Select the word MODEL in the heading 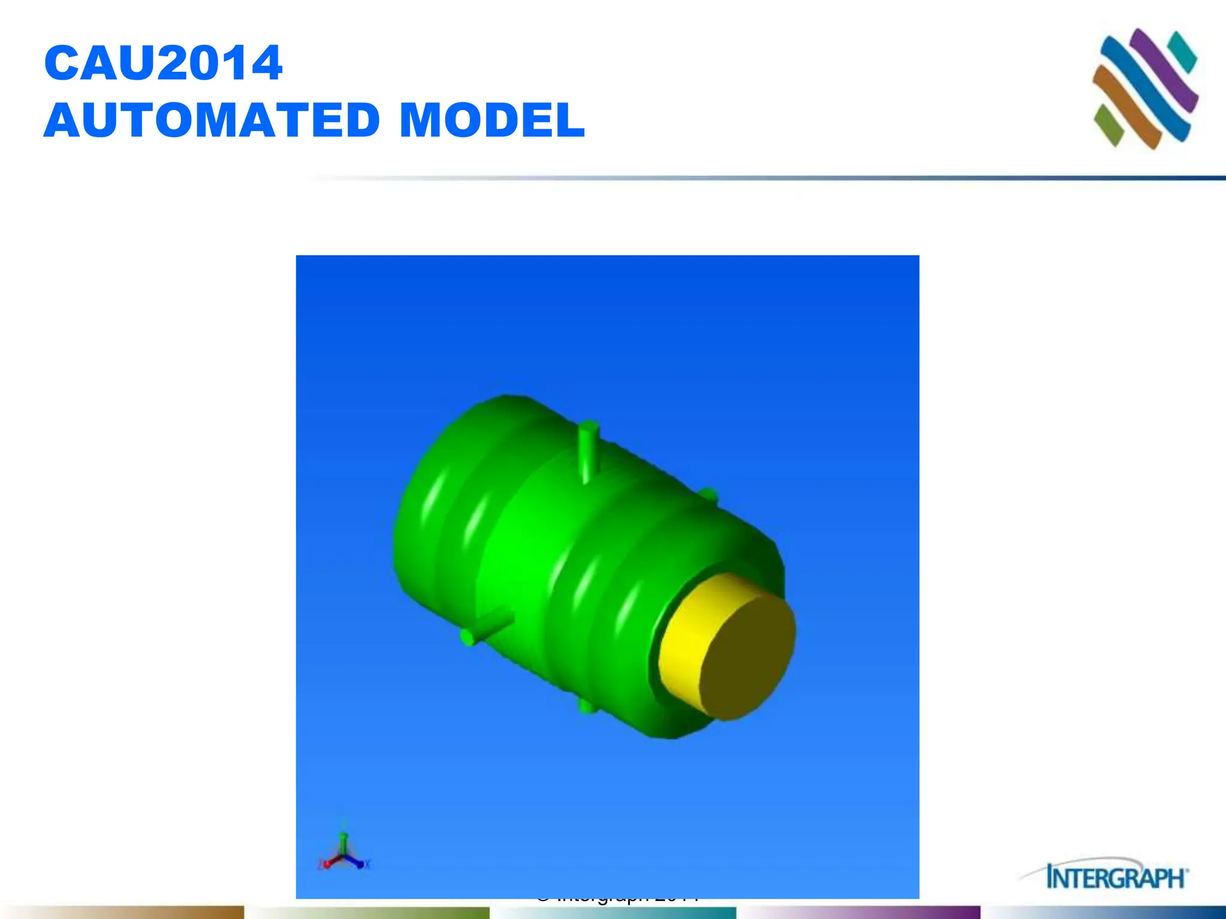point(491,120)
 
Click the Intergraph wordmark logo point(1116,878)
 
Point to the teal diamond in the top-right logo point(1182,51)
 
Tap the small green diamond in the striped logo point(1108,124)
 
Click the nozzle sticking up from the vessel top point(588,449)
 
